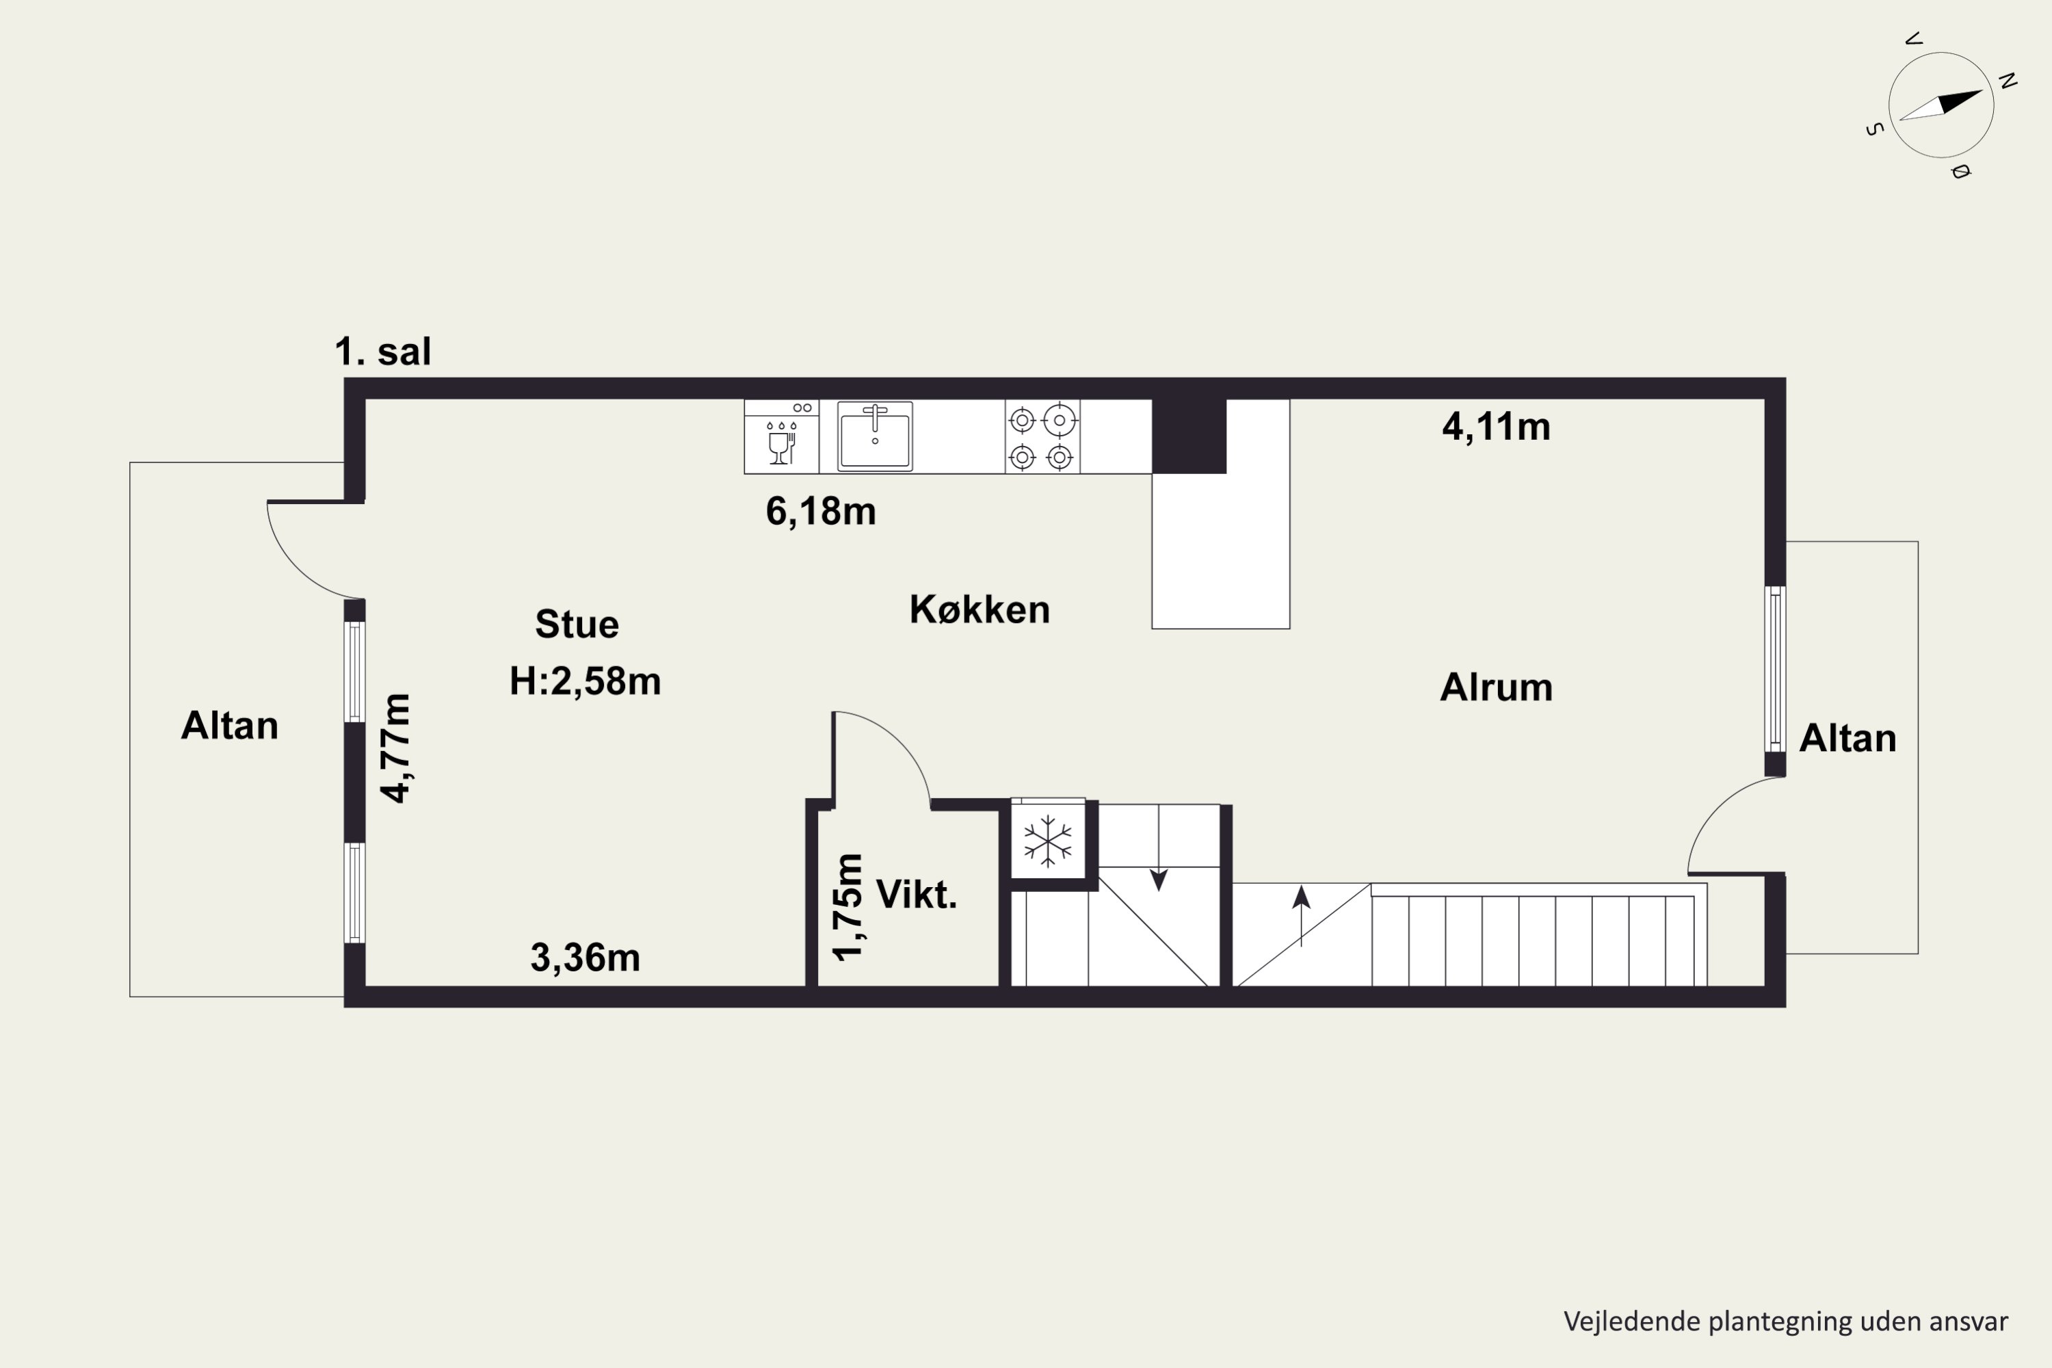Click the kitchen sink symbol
pyautogui.click(x=875, y=436)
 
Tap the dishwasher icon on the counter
pyautogui.click(x=782, y=436)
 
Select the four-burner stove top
pyautogui.click(x=1042, y=437)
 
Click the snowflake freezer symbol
pyautogui.click(x=1047, y=841)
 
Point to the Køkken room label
pyautogui.click(x=979, y=609)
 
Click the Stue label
pyautogui.click(x=577, y=624)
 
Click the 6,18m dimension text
pyautogui.click(x=821, y=511)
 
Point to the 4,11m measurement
pyautogui.click(x=1497, y=428)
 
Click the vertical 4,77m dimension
pyautogui.click(x=395, y=748)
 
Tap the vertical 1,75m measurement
pyautogui.click(x=847, y=908)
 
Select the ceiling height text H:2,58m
pyautogui.click(x=586, y=681)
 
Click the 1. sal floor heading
pyautogui.click(x=383, y=352)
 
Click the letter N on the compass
pyautogui.click(x=2008, y=81)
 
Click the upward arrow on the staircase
pyautogui.click(x=1301, y=916)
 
